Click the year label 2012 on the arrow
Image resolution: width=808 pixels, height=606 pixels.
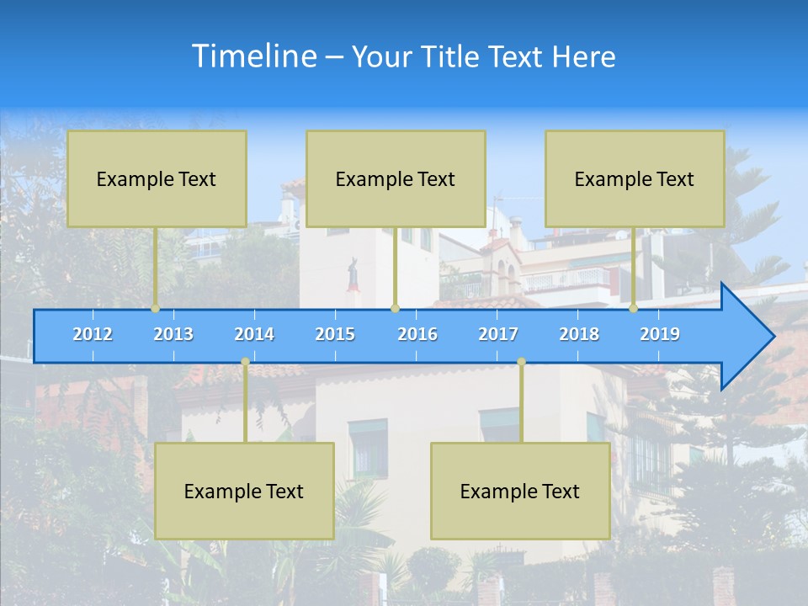(93, 334)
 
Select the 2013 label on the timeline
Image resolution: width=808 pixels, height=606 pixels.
(173, 334)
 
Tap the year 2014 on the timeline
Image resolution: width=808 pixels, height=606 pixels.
(254, 334)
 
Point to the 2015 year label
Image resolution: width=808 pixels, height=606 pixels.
(335, 334)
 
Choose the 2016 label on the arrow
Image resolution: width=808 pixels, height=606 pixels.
(417, 334)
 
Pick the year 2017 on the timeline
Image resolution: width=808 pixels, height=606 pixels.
(498, 334)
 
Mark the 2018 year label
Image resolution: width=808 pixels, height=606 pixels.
(579, 334)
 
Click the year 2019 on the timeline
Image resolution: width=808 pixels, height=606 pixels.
(660, 334)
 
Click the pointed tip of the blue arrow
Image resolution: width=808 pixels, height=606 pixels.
(772, 337)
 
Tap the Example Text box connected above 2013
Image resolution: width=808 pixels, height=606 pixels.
(157, 179)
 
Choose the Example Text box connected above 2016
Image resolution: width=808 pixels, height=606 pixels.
(396, 179)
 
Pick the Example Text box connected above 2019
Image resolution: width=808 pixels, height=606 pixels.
(635, 179)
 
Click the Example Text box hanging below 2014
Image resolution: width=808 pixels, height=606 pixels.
(244, 492)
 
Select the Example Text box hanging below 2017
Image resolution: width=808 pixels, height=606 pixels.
(520, 492)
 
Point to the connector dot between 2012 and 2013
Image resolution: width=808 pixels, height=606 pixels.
(156, 309)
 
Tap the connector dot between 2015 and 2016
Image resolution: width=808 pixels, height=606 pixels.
(396, 309)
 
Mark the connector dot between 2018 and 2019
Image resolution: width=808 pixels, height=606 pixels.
(634, 309)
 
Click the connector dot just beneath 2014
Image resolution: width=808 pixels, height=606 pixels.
(245, 362)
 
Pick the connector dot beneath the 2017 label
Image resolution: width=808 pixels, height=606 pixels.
(521, 362)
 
